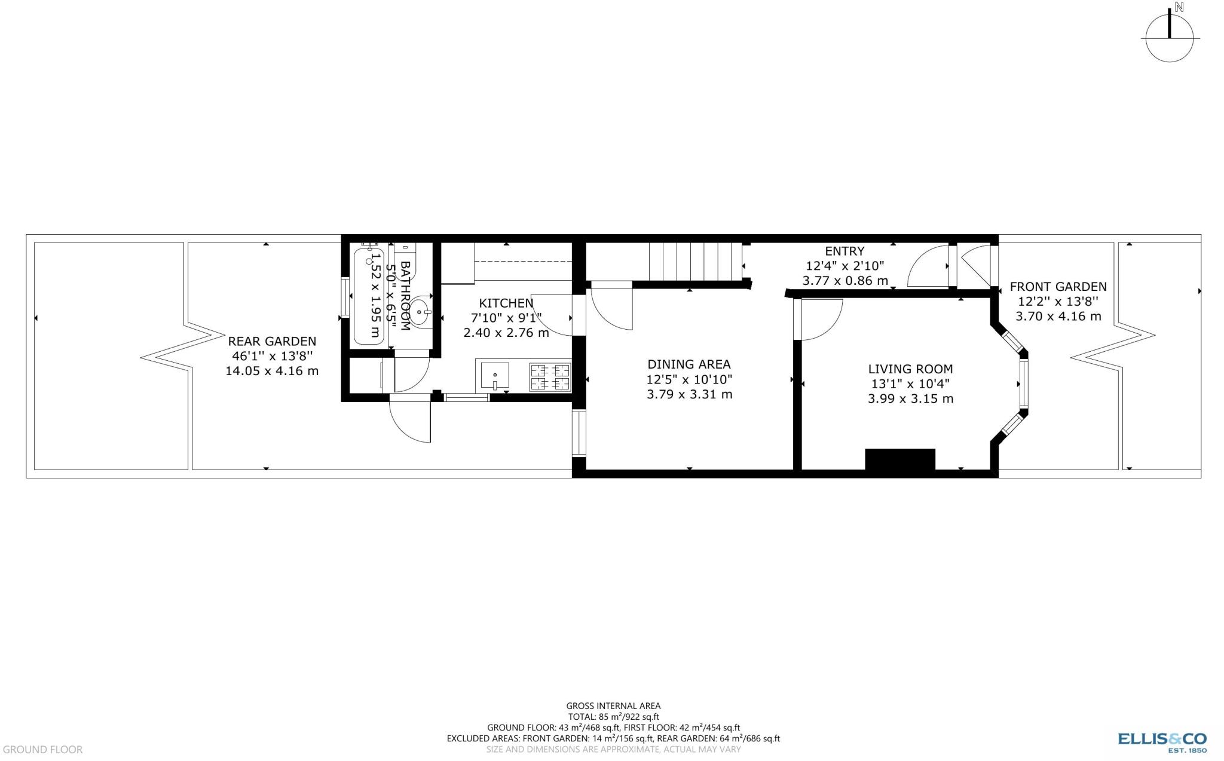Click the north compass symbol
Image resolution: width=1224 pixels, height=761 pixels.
[x=1170, y=38]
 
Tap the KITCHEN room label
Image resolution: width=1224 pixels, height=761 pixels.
[x=506, y=303]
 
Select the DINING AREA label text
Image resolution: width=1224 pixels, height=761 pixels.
[x=688, y=364]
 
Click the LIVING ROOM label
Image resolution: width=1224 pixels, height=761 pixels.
[x=910, y=369]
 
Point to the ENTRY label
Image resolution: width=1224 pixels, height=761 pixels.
[x=844, y=251]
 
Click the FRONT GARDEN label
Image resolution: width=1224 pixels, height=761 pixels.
[x=1058, y=287]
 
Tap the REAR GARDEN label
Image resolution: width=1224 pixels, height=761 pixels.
[x=272, y=342]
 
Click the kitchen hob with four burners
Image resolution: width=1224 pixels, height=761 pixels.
[x=550, y=378]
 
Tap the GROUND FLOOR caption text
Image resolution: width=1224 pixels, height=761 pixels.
[x=42, y=750]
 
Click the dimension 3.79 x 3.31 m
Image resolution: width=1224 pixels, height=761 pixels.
[x=689, y=394]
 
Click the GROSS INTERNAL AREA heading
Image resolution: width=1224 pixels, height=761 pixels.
[x=613, y=706]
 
